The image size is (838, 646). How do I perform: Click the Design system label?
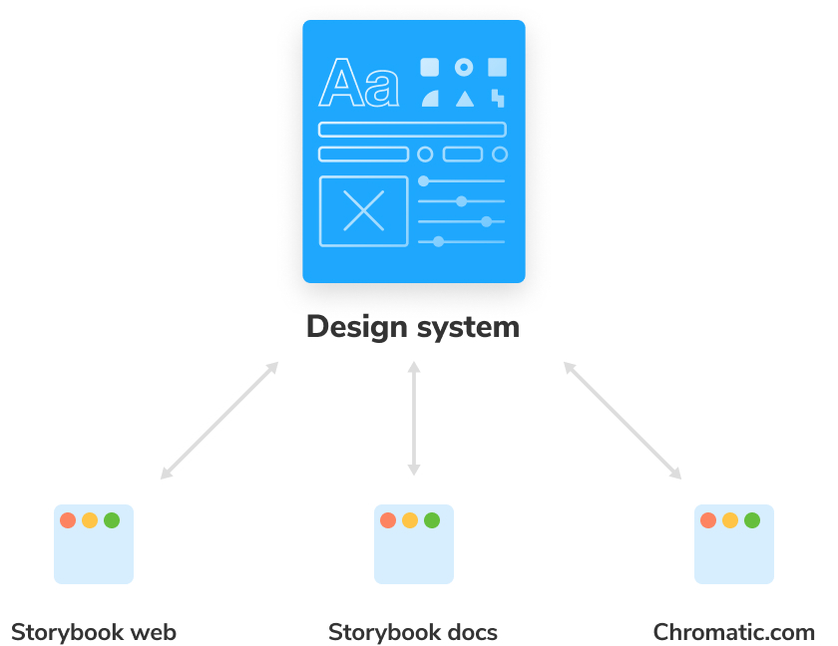coord(413,327)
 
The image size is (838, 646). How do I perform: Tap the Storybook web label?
coord(94,632)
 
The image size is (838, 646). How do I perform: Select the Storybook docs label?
coord(413,632)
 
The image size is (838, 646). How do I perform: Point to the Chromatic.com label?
coord(734,632)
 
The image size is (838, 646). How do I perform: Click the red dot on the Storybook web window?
coord(68,520)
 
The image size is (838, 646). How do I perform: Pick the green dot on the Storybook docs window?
coord(432,520)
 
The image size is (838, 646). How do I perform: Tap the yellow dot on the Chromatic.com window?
coord(730,520)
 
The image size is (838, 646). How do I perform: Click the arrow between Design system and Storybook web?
coord(219,420)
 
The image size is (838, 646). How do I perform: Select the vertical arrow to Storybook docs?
coord(414,418)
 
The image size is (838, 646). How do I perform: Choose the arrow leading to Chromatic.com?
coord(623,420)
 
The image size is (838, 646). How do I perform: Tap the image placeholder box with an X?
coord(363,211)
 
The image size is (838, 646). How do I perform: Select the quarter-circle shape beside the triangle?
coord(431,100)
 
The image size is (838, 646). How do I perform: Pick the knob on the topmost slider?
coord(424,181)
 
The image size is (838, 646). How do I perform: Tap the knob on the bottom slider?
coord(438,242)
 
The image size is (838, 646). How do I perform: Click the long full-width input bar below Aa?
coord(412,130)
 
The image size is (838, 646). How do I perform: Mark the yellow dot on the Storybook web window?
coord(90,520)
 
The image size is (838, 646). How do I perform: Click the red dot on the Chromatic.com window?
coord(708,520)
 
